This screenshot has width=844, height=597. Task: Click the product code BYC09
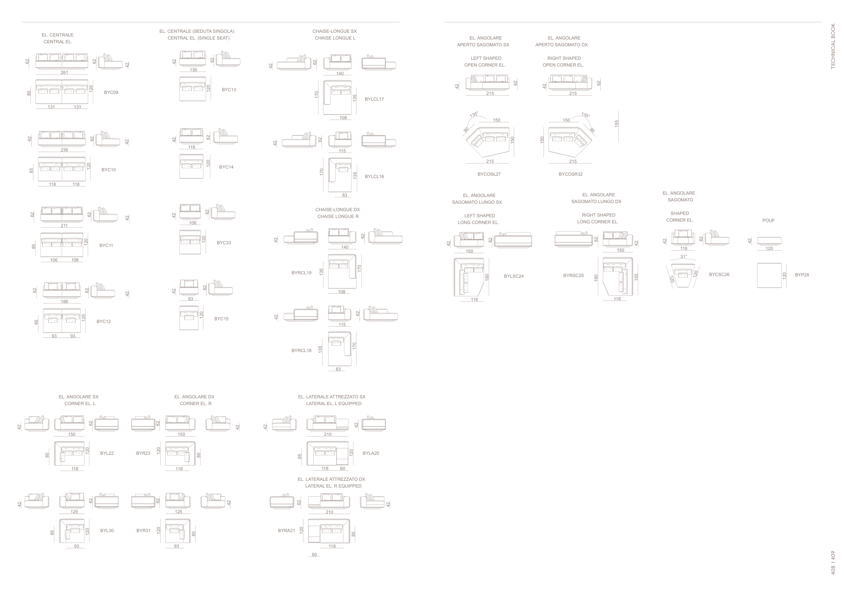111,92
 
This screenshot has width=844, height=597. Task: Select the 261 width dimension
64,72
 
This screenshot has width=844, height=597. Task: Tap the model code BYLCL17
374,99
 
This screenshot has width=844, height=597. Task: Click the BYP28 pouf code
802,275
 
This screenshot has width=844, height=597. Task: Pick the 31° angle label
683,257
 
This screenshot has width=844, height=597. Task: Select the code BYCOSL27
489,174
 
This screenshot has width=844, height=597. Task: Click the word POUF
768,220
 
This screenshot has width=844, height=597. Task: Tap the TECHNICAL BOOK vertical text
833,46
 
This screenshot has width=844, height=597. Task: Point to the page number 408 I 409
833,563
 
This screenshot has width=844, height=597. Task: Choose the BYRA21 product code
286,530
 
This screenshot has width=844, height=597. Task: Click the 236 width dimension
64,150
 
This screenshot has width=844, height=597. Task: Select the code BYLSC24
513,276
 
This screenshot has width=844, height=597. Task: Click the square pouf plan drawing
769,275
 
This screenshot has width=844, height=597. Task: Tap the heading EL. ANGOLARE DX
194,397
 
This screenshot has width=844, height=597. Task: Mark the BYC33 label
224,243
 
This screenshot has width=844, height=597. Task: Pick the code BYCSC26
719,274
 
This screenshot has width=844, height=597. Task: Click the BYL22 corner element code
107,453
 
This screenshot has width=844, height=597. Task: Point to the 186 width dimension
64,302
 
